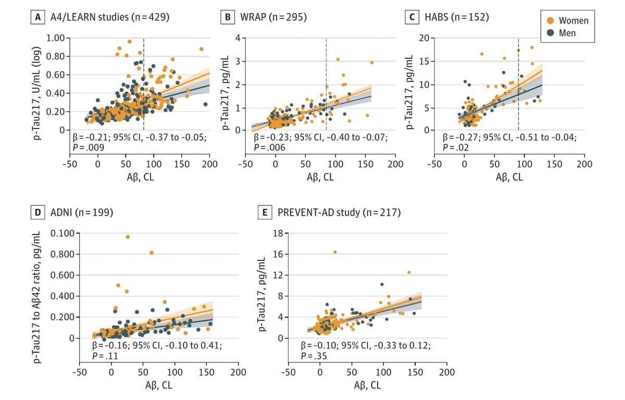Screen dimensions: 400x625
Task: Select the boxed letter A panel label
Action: point(37,17)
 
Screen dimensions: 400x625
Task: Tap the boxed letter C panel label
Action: point(411,17)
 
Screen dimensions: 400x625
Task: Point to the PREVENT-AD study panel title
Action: point(339,212)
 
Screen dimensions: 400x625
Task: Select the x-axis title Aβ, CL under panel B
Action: point(320,177)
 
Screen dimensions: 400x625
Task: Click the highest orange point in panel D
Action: point(128,237)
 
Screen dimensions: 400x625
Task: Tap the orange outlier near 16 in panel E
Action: point(335,252)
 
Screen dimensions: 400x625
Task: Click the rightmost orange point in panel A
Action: point(201,49)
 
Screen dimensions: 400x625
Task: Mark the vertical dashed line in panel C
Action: point(518,83)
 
